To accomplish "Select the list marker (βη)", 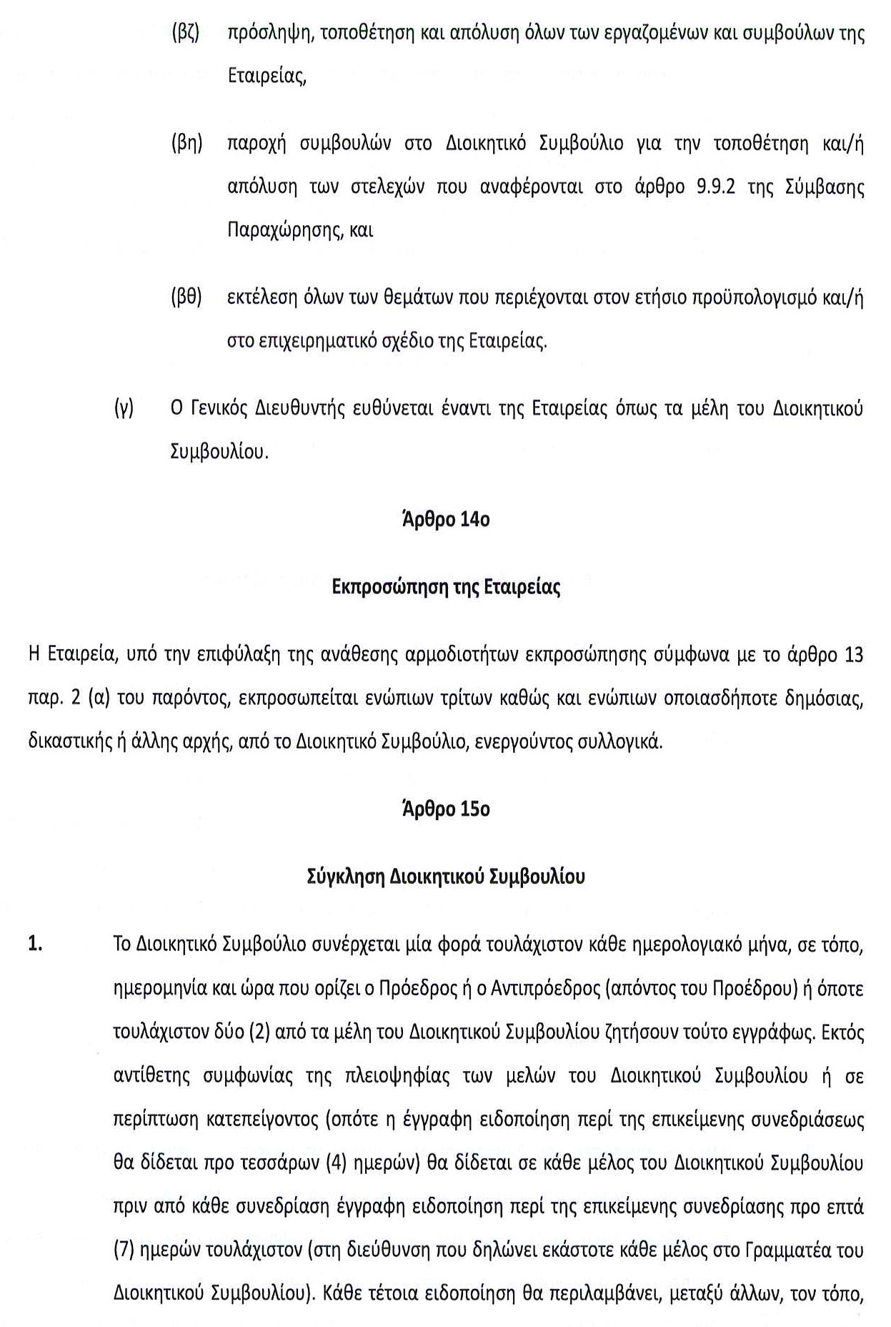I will pos(186,144).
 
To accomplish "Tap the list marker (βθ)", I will pos(186,298).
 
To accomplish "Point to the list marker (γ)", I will pos(124,409).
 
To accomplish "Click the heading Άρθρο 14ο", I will pos(446,520).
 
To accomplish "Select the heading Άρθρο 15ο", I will pos(446,809).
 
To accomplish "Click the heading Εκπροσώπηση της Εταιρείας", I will pos(446,588).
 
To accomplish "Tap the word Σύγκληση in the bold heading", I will pos(346,877).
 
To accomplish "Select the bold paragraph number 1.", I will pos(35,944).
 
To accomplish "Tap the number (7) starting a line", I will pos(124,1250).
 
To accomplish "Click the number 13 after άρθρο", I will pos(853,655).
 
